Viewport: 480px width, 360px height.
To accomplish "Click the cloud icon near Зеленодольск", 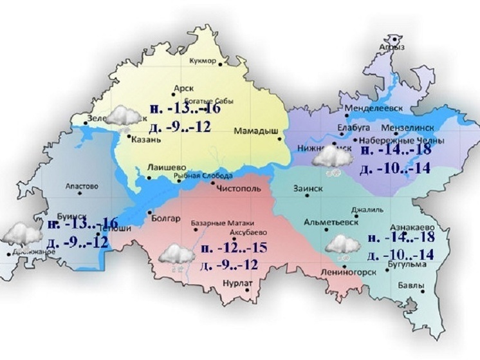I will [x=124, y=117].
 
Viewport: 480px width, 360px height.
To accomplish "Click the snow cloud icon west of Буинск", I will [x=21, y=235].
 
